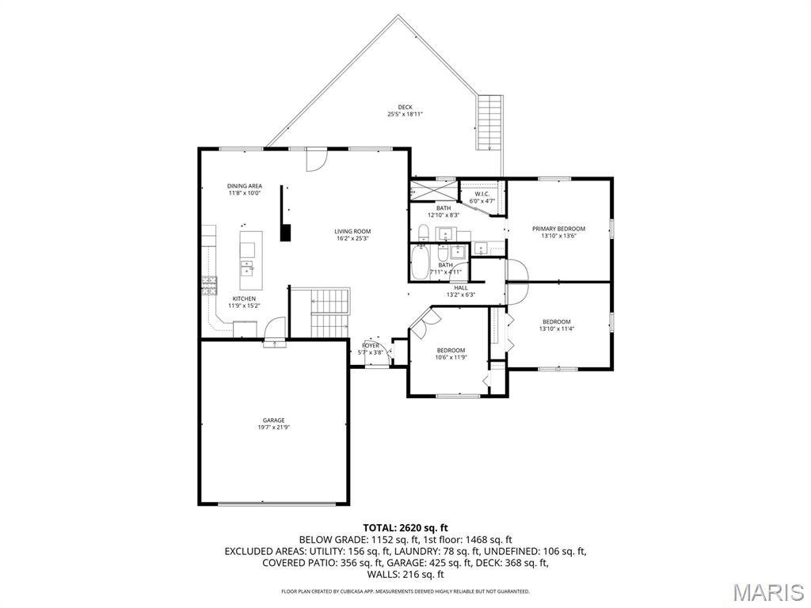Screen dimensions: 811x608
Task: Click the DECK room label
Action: click(405, 107)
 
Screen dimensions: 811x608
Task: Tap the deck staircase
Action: click(489, 123)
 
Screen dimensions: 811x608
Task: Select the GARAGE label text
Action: click(273, 420)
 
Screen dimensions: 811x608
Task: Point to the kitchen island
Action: click(251, 260)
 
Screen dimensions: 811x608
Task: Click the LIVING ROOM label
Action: click(352, 232)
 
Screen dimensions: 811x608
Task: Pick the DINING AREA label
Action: click(245, 186)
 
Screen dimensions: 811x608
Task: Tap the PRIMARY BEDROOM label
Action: click(558, 229)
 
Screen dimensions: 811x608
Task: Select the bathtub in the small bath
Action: click(421, 262)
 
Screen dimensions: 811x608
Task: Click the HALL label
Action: click(461, 288)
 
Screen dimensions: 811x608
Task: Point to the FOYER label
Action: click(371, 345)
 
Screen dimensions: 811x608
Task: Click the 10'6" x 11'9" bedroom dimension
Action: click(451, 357)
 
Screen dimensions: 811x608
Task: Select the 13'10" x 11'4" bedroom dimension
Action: click(557, 329)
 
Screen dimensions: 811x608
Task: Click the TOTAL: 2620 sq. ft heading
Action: click(405, 528)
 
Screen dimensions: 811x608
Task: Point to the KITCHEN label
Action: click(244, 298)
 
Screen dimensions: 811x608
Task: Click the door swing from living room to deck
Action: click(317, 159)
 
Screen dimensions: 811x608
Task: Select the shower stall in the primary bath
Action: click(434, 190)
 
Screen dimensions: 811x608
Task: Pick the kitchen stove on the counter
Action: click(209, 286)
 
